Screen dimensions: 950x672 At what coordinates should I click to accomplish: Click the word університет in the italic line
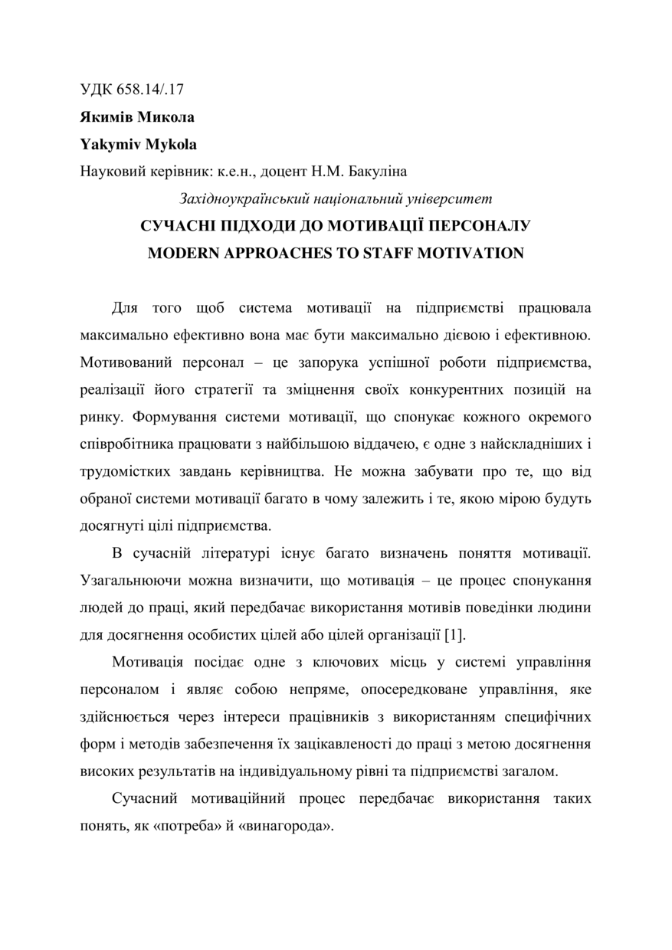[454, 199]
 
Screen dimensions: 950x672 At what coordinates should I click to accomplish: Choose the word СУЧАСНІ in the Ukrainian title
[177, 227]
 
